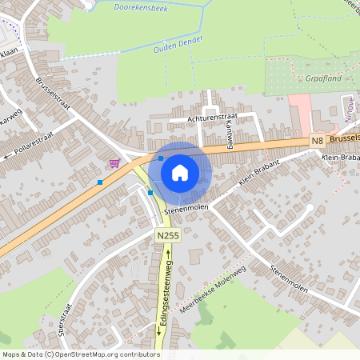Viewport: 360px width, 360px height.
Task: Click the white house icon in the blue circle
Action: [180, 172]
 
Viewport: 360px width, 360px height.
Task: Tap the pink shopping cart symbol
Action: [115, 163]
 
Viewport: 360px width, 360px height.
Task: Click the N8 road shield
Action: [318, 141]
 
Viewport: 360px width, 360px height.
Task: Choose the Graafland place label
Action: [324, 79]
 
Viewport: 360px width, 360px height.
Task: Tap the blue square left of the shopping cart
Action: [100, 182]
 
